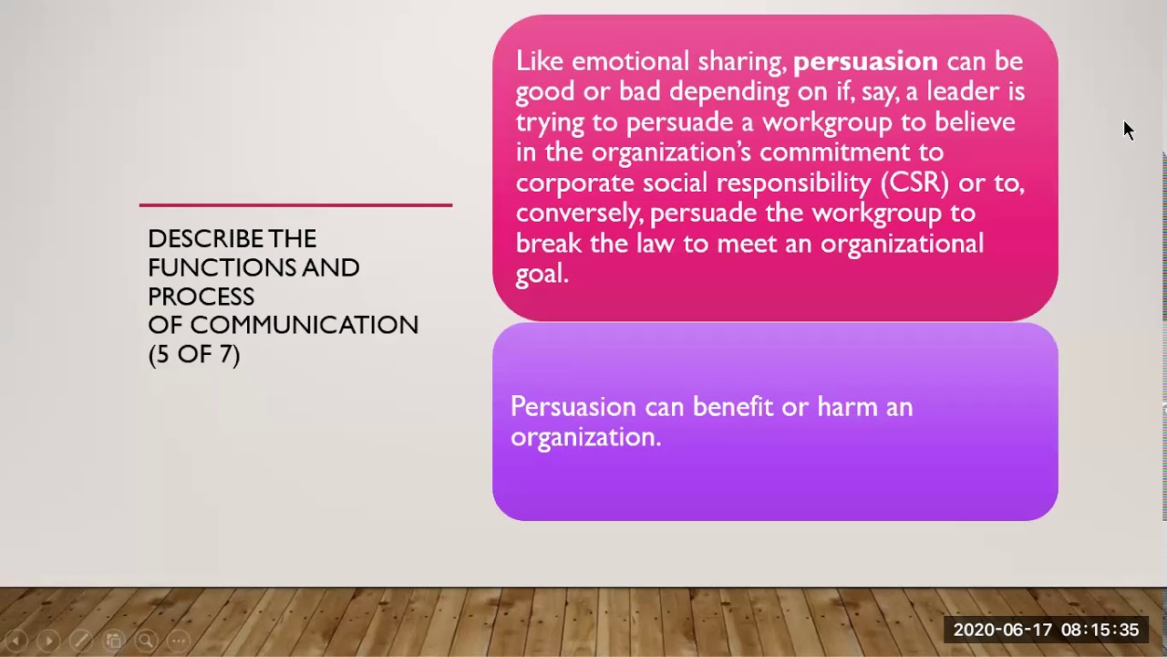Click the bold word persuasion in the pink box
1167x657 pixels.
[865, 62]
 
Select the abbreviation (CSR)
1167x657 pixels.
[914, 182]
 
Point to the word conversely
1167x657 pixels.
[579, 214]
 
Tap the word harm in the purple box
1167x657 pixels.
[847, 407]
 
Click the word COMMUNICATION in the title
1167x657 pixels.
[304, 325]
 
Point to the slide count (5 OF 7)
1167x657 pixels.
[193, 354]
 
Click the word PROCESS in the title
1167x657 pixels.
[201, 297]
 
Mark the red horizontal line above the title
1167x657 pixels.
[295, 205]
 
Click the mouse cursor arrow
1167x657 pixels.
[1128, 130]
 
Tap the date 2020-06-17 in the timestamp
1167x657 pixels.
[1000, 631]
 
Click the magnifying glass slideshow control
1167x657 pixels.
[146, 641]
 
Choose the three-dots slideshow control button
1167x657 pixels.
[179, 641]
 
